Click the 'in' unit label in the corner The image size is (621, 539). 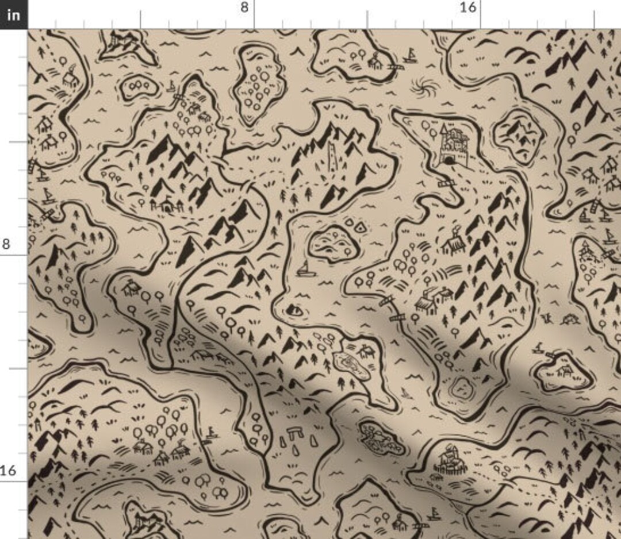click(13, 14)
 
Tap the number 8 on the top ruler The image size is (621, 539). click(245, 7)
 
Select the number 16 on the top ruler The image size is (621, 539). click(469, 7)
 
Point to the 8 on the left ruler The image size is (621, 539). click(6, 244)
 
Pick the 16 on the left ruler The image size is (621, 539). click(8, 471)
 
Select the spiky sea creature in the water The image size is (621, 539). click(570, 318)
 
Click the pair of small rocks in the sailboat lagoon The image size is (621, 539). click(355, 226)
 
